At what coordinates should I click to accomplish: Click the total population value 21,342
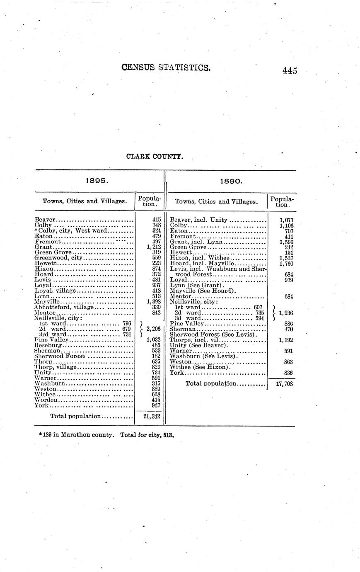[152, 416]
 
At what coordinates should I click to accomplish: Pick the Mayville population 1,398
[153, 301]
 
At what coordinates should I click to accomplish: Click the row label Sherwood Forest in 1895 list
[60, 356]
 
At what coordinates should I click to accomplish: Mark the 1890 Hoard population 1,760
[286, 263]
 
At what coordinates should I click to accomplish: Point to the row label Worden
[46, 400]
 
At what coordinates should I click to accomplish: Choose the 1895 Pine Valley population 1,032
[153, 339]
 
